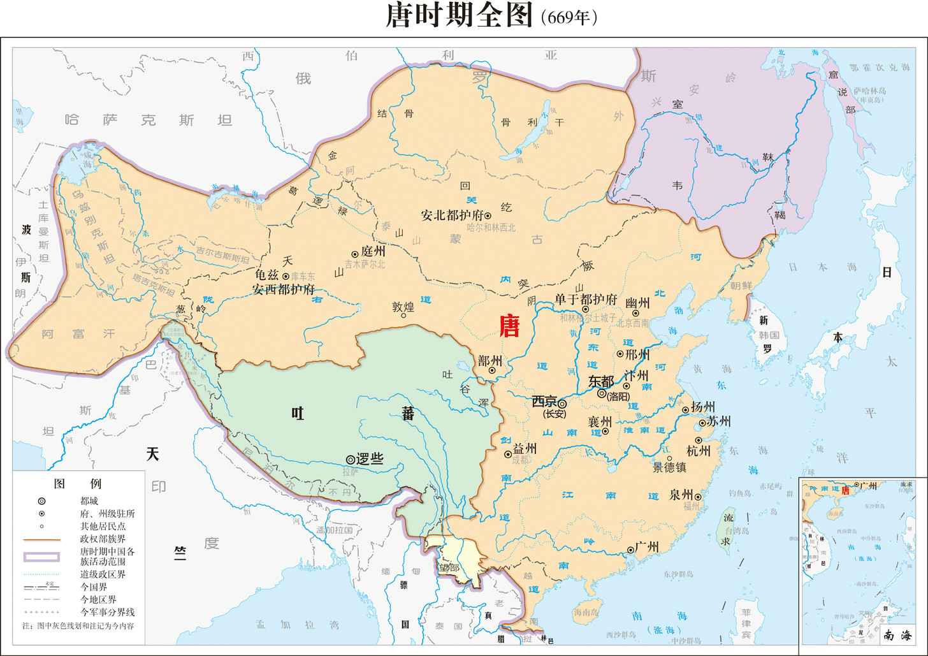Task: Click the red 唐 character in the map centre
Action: pos(509,326)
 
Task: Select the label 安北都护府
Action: pos(452,215)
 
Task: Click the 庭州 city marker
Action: pos(355,254)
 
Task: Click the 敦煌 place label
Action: pos(403,307)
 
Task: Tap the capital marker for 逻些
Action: pos(350,460)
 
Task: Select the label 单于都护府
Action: pos(585,300)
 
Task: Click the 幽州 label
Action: pos(637,303)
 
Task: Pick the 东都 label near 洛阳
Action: pos(600,381)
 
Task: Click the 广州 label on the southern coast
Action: pos(646,547)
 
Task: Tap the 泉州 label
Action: pos(681,495)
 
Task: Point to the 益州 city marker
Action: pos(508,455)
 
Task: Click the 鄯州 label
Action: pos(490,360)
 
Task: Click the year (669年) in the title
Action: pos(569,17)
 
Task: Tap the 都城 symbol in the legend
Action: pos(42,501)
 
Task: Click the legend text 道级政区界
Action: pos(103,574)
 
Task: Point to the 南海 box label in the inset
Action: pos(897,635)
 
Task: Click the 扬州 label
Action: pos(703,407)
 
